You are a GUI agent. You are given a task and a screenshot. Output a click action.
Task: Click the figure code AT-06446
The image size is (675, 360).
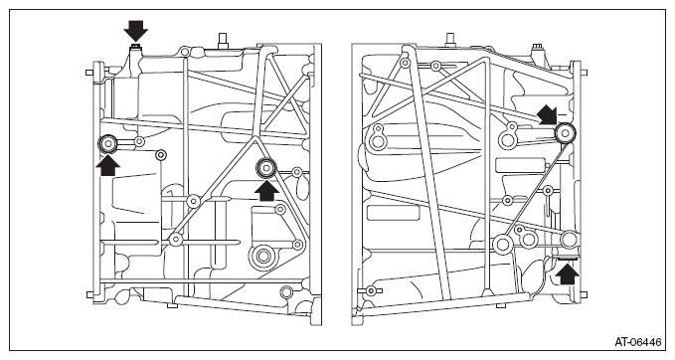[x=637, y=342]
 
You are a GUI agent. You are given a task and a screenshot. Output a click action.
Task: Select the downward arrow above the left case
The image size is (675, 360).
[x=135, y=30]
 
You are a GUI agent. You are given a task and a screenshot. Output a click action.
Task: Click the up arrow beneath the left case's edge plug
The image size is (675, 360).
[x=107, y=166]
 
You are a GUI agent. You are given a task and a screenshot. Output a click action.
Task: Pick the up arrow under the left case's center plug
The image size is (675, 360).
[x=266, y=191]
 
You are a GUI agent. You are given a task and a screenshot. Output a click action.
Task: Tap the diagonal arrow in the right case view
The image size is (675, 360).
[x=547, y=114]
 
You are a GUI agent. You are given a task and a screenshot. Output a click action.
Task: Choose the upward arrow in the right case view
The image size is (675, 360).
[x=568, y=274]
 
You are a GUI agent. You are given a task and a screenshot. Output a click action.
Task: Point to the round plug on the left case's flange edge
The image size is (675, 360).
[x=107, y=144]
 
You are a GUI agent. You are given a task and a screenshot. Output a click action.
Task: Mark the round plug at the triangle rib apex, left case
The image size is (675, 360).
[x=266, y=167]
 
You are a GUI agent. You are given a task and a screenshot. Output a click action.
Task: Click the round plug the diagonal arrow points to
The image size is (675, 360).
[x=564, y=133]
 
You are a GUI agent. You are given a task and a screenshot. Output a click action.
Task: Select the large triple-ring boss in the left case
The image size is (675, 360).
[x=262, y=257]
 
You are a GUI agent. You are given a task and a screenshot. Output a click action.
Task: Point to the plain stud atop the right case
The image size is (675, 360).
[x=450, y=39]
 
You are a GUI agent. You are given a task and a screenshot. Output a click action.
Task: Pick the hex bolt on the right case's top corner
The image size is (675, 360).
[x=537, y=48]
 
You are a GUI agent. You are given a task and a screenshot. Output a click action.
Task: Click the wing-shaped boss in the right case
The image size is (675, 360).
[x=370, y=290]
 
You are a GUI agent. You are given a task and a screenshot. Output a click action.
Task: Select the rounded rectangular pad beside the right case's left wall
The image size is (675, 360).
[x=393, y=213]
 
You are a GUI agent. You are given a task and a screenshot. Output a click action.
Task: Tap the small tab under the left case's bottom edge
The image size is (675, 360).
[x=172, y=305]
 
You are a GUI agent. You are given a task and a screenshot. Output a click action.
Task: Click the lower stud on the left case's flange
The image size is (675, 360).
[x=90, y=295]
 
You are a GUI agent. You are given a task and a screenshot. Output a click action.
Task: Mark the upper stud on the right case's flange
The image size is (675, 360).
[x=584, y=73]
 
